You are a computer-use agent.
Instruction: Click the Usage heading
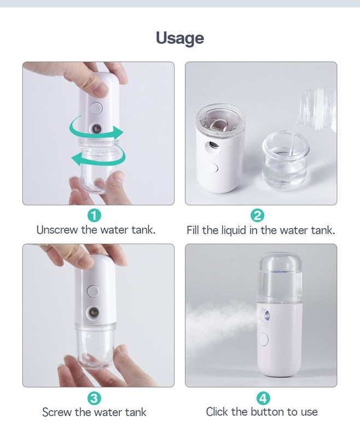(179, 38)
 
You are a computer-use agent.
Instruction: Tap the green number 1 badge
(94, 216)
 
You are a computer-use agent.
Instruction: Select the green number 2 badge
(257, 215)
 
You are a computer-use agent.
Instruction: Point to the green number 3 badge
(94, 399)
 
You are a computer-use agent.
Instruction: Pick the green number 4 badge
(263, 398)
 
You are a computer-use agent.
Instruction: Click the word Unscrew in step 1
(57, 230)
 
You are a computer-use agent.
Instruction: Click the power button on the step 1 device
(97, 108)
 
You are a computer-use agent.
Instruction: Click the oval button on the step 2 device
(213, 168)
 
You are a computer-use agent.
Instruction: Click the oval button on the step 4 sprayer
(264, 339)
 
